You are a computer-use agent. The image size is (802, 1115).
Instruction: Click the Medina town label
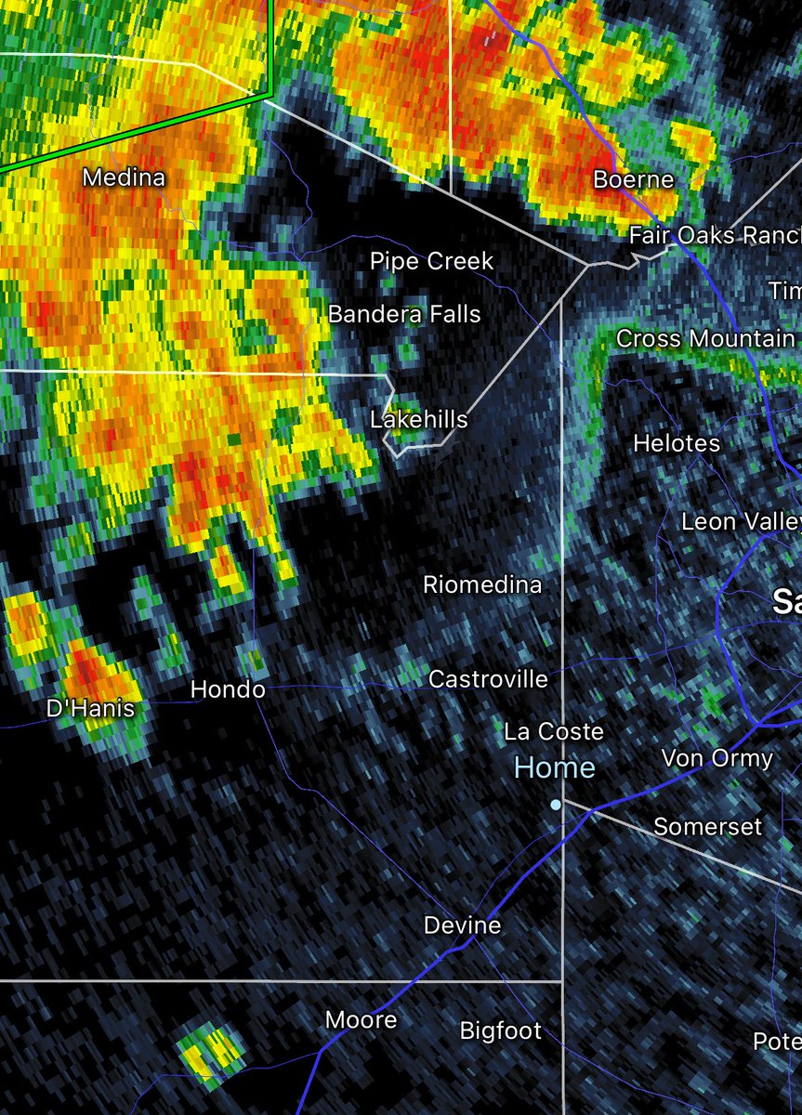(125, 177)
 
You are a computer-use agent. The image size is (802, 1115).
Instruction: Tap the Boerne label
(634, 178)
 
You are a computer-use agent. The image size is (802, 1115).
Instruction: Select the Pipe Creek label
(432, 261)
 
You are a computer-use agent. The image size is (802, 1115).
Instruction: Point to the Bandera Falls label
(404, 314)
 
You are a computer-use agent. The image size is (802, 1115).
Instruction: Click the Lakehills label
(419, 419)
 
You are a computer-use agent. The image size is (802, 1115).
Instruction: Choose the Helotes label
(677, 443)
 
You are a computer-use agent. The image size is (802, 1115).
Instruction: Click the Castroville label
(488, 679)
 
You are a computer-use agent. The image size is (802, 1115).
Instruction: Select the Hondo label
(228, 689)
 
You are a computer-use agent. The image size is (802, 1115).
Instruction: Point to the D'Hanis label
(90, 709)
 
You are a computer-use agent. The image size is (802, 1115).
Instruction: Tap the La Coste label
(554, 731)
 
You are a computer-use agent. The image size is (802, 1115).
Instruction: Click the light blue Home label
(555, 767)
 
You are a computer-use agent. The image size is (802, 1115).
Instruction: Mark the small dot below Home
(556, 805)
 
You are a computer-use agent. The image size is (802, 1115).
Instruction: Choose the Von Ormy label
(717, 758)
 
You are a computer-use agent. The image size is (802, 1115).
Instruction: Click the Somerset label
(707, 826)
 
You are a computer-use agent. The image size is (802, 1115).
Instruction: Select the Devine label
(463, 925)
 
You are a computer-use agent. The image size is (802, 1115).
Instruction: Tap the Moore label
(362, 1019)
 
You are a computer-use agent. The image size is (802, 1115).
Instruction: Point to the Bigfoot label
(501, 1030)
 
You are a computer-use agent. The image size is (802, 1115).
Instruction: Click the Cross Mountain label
(705, 339)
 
